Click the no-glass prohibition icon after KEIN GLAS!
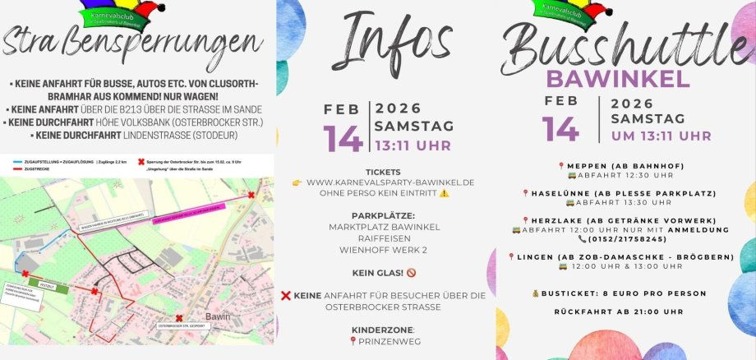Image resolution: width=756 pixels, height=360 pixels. pos(411,272)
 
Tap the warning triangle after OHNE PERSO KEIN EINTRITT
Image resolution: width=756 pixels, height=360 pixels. pos(445,193)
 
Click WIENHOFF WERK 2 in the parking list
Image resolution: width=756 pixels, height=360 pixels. pos(384,249)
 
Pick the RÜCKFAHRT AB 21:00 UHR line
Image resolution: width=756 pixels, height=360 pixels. pos(629,312)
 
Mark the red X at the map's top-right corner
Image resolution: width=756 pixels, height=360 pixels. pos(251,195)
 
